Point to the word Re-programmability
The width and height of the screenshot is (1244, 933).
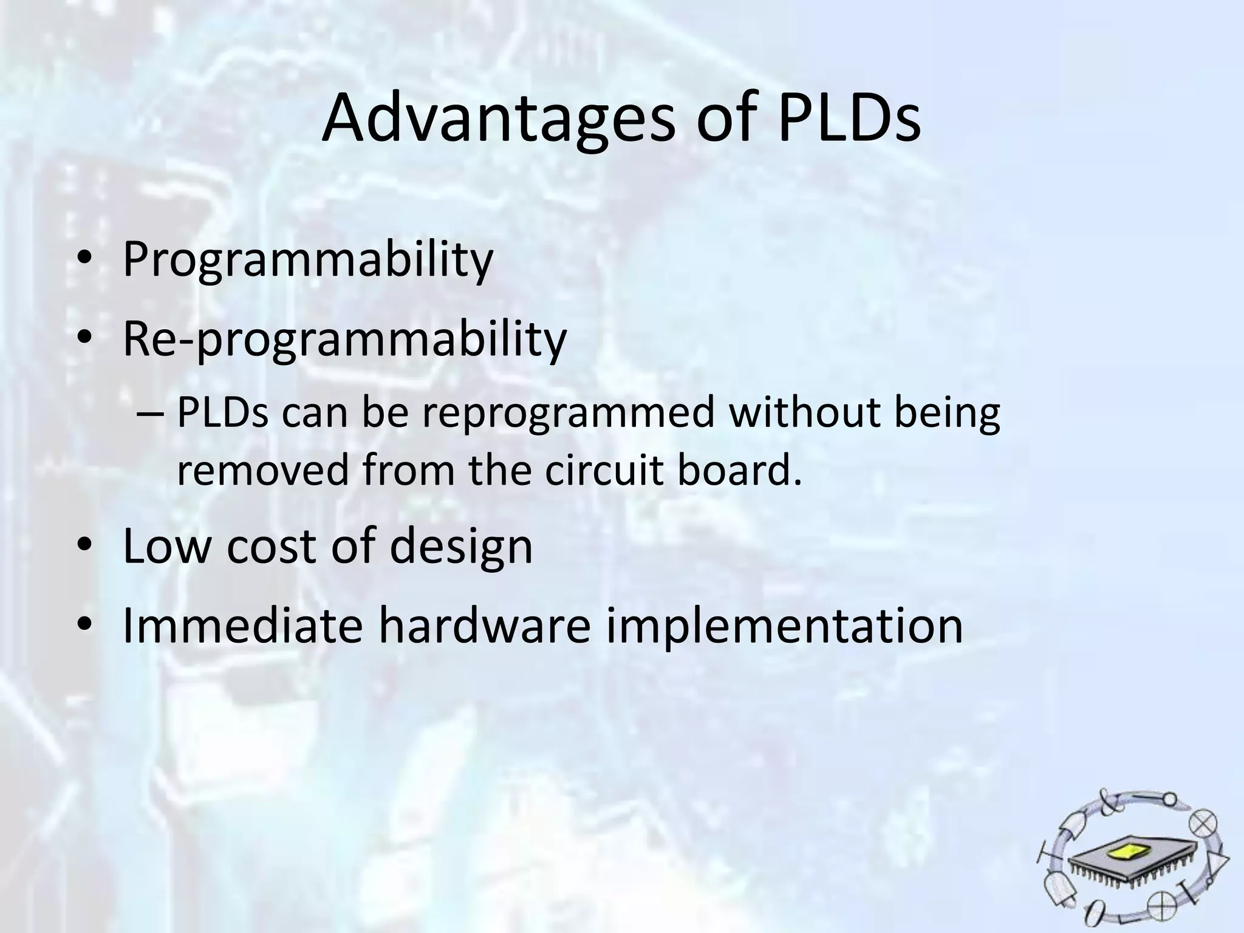point(344,340)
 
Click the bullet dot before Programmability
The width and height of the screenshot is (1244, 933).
point(84,260)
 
